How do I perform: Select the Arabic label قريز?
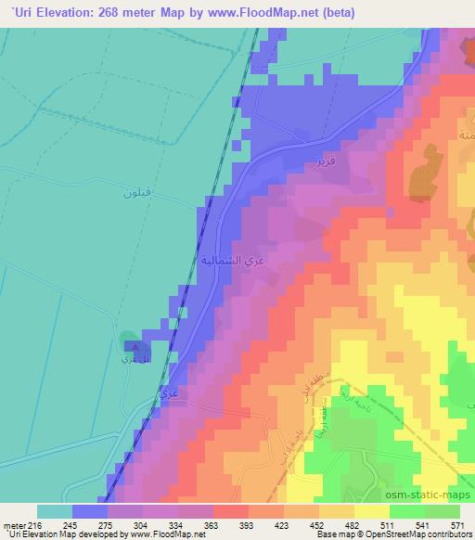[324, 159]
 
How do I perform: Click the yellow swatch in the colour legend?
[371, 511]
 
